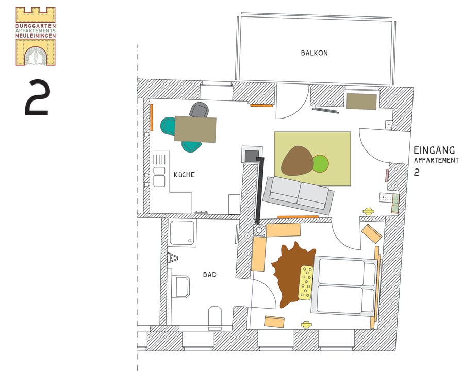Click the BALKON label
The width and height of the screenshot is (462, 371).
tap(314, 53)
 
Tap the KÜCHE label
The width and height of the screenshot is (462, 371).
tap(184, 175)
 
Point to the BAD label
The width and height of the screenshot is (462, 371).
tap(210, 275)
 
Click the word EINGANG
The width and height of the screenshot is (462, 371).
tap(434, 150)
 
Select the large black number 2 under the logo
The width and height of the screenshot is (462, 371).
tap(37, 97)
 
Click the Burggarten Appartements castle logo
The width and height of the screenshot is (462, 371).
tap(36, 36)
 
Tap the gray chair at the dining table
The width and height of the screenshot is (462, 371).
tap(200, 109)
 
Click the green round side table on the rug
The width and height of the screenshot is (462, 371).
tap(321, 164)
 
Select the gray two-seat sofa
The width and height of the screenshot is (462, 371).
tap(298, 195)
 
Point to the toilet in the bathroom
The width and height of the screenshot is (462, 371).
tap(215, 318)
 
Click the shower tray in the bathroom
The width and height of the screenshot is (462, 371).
tap(182, 232)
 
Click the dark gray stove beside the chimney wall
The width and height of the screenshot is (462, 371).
tap(252, 156)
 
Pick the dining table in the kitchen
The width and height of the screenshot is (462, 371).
tap(195, 129)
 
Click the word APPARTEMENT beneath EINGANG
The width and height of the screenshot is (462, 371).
tap(436, 160)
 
